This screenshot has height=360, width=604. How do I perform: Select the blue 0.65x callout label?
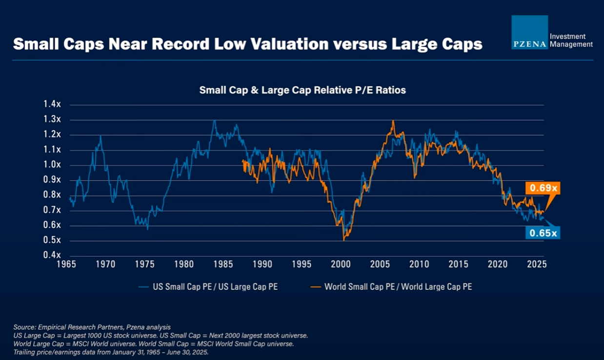(x=544, y=233)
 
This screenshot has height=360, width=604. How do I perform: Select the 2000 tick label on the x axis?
(x=341, y=265)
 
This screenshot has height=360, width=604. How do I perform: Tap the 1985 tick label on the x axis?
(x=223, y=265)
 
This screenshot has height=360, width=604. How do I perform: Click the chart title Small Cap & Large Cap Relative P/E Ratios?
(x=302, y=90)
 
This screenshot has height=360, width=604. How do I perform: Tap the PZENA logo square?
(x=529, y=32)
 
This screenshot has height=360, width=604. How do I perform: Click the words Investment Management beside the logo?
(x=571, y=40)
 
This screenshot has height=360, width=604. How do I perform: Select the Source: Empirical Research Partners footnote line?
(x=92, y=327)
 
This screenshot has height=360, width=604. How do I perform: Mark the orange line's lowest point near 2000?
(x=344, y=240)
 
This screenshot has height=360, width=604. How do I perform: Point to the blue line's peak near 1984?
(x=214, y=120)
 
